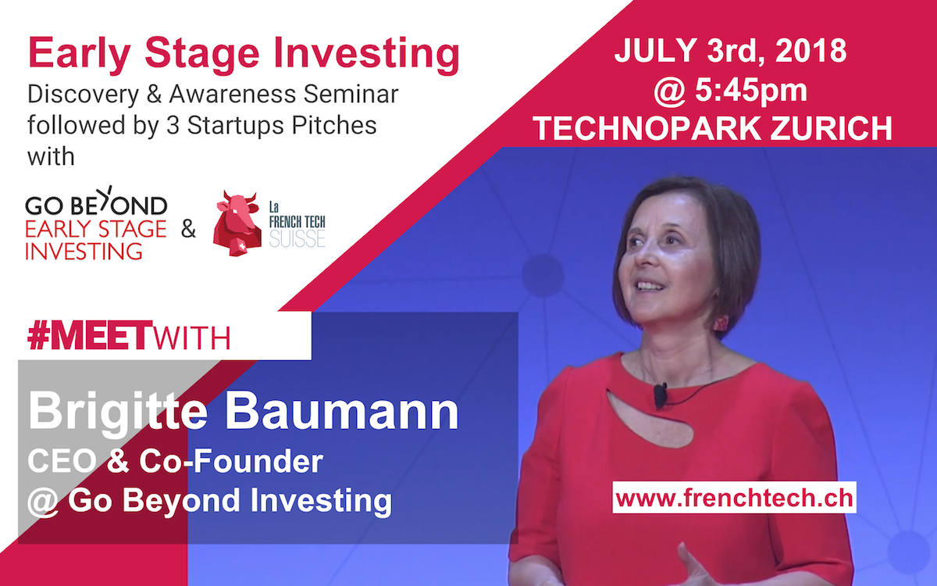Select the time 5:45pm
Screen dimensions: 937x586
coord(751,91)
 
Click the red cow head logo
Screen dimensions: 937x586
coord(237,223)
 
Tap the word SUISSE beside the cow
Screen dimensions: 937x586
coord(297,238)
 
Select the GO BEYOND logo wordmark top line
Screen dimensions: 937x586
coord(96,204)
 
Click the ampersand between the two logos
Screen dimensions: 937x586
coord(188,229)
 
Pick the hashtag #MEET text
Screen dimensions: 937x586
coord(90,336)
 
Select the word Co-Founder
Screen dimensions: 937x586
coord(231,461)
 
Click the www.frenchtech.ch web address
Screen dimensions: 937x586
coord(734,498)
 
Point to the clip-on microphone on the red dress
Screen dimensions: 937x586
coord(660,395)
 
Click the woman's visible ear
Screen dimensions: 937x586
coord(720,324)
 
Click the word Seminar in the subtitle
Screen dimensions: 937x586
coord(351,95)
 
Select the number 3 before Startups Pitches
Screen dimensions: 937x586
coord(173,126)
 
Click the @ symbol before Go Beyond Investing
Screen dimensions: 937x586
coord(43,502)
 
